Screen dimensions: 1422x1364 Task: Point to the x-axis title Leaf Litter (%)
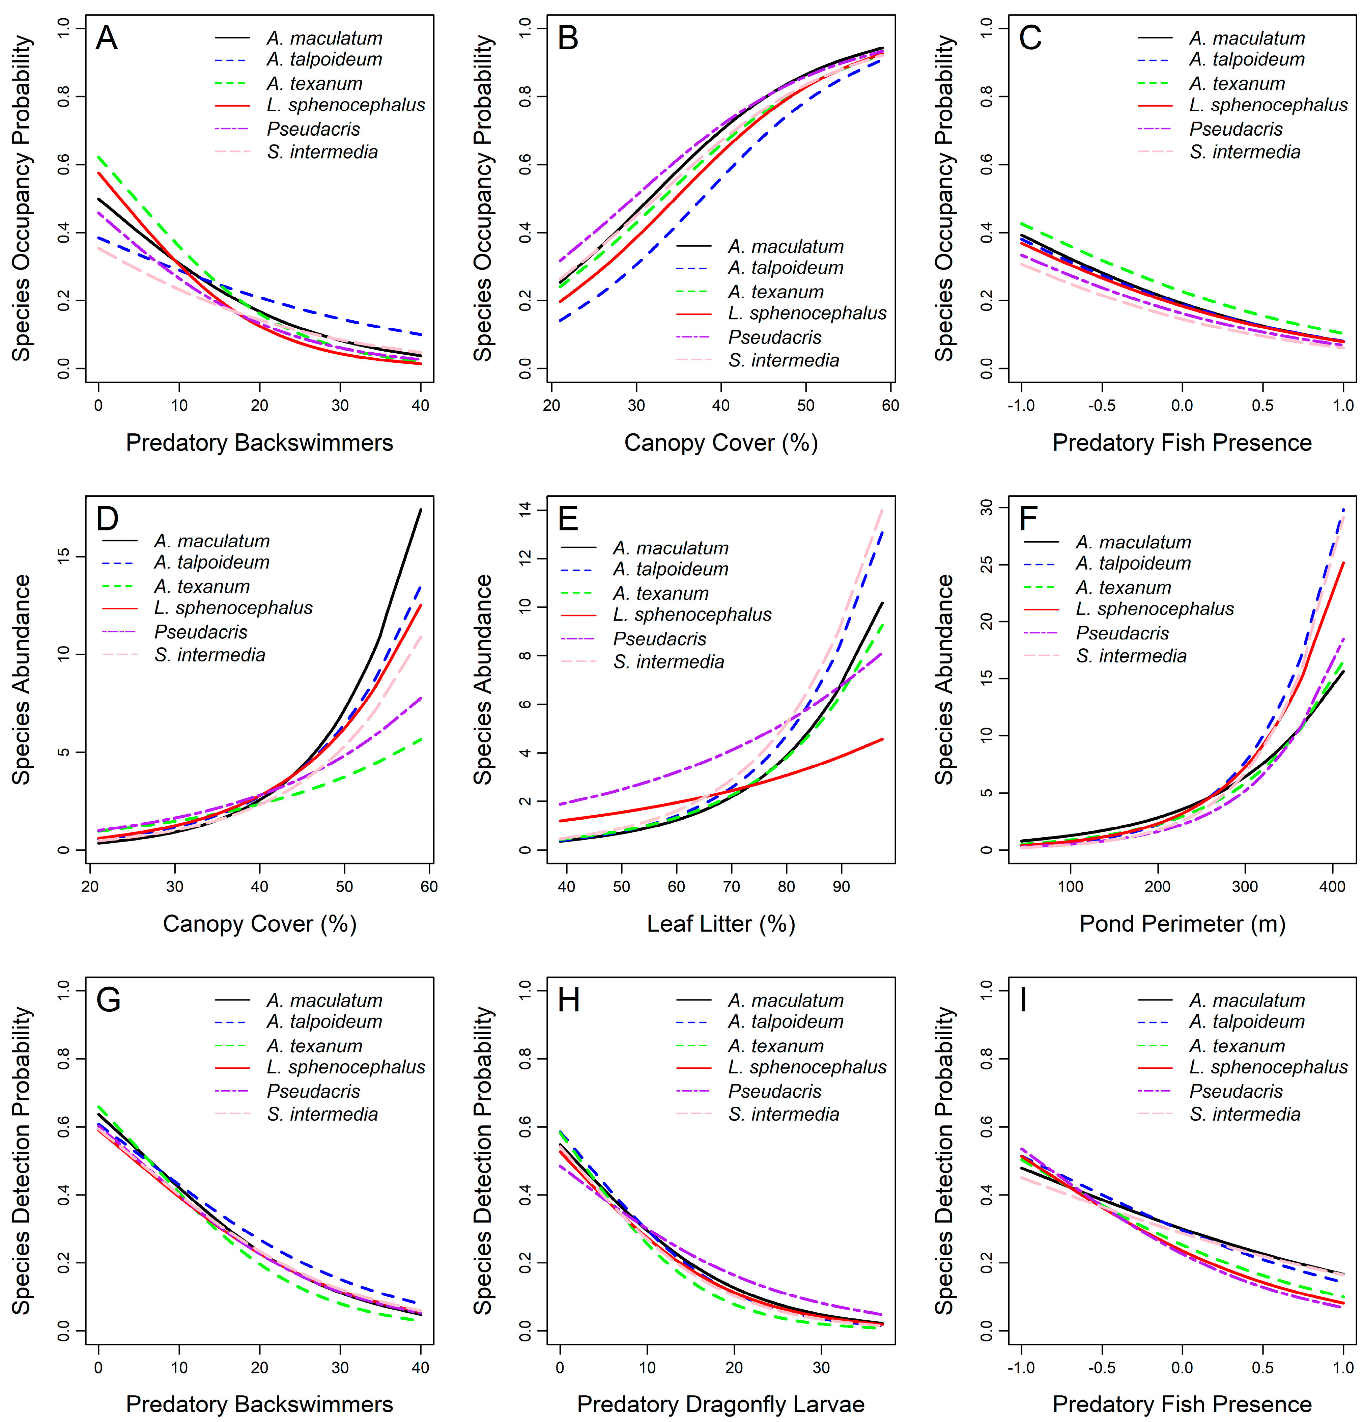tap(721, 924)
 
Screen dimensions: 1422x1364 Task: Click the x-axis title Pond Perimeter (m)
tap(1182, 924)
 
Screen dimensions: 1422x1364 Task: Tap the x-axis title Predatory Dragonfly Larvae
tap(721, 1404)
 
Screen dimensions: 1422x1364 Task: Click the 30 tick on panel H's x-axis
tap(821, 1368)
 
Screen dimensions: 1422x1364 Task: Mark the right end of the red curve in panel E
tap(882, 739)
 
